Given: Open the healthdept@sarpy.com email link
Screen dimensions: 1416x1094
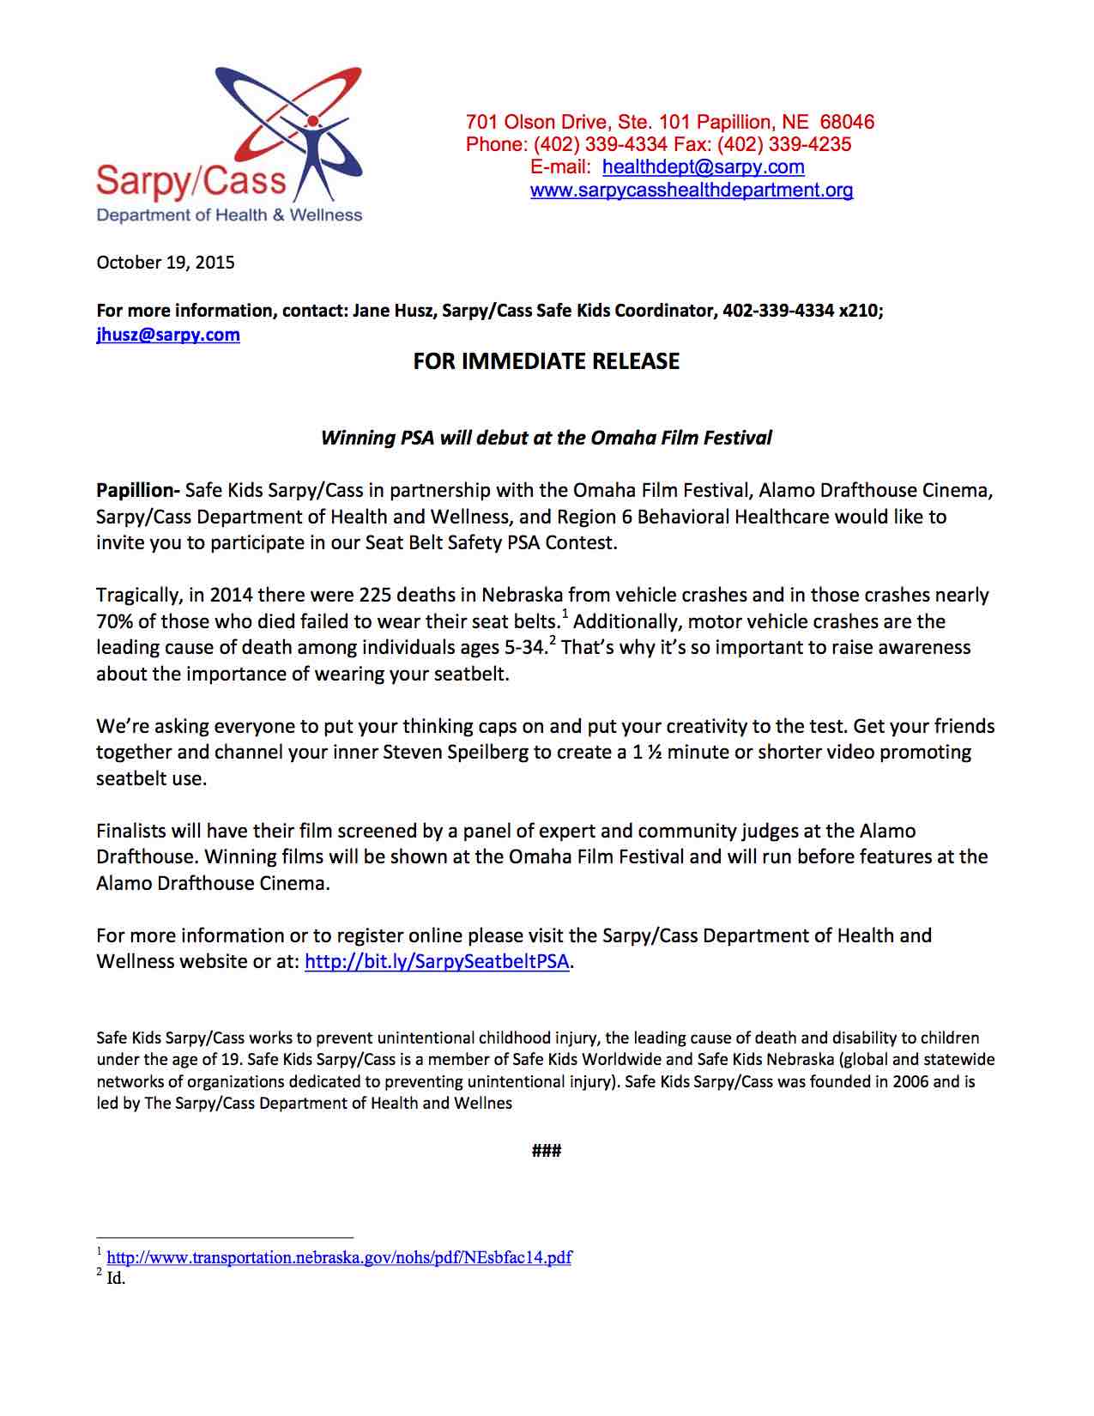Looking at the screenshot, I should [x=703, y=167].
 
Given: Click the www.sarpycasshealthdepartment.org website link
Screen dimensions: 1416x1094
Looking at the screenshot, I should [x=692, y=191].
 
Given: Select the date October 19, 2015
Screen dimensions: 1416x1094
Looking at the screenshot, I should [x=166, y=263].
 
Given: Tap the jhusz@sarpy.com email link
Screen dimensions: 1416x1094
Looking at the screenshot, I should [x=168, y=335].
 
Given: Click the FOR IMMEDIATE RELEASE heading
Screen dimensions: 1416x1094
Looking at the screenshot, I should [x=547, y=361].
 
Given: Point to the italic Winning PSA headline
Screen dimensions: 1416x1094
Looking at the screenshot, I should [x=547, y=438].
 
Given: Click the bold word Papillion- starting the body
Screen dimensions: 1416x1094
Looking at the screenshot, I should [x=137, y=491].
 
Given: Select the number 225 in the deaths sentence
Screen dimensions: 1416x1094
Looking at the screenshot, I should [x=375, y=595].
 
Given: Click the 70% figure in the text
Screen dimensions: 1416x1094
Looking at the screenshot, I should [x=114, y=621].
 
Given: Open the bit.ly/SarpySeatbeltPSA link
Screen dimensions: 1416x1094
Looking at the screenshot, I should [x=437, y=961].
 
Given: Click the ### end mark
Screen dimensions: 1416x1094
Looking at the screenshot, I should [x=547, y=1151].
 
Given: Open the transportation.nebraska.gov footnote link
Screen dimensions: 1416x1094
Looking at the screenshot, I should [x=339, y=1258].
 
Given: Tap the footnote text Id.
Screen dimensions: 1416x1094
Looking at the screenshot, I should [x=116, y=1279].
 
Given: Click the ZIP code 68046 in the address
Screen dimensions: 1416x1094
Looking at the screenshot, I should [x=847, y=122].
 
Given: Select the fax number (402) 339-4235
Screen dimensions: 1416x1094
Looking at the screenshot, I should [x=784, y=144].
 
